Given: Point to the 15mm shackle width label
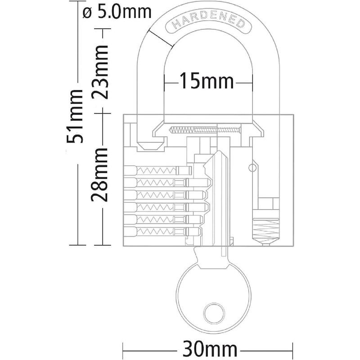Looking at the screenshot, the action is point(207,83).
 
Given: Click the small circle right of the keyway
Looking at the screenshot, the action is point(252,167).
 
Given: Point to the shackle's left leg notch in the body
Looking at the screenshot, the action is point(148,145).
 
